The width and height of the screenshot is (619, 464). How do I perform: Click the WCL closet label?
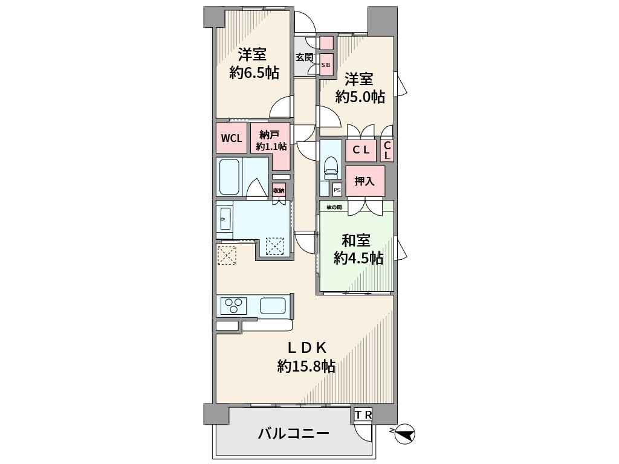(x=231, y=138)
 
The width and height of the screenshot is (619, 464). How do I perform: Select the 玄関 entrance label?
(x=304, y=57)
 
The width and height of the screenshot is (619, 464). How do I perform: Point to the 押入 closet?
(x=365, y=181)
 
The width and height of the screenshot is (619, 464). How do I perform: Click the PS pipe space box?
(x=337, y=190)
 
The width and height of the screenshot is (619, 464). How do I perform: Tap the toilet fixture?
(x=331, y=166)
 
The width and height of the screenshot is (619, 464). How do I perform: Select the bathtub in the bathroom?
(x=230, y=176)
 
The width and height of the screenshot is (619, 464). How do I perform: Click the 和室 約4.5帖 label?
(x=358, y=250)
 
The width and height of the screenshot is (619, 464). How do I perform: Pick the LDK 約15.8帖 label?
(x=306, y=356)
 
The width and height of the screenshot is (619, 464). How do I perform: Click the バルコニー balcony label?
(x=293, y=434)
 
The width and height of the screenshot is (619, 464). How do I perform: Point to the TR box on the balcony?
(x=363, y=414)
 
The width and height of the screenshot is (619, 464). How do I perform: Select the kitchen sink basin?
(x=273, y=306)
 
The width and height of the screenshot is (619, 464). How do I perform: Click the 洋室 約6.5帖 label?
(x=253, y=63)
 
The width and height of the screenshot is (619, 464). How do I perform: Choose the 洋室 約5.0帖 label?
(x=360, y=88)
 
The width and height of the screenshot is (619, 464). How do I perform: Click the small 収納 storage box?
(x=279, y=191)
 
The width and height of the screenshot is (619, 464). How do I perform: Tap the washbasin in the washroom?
(x=224, y=217)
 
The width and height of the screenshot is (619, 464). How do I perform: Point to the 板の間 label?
(x=334, y=207)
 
